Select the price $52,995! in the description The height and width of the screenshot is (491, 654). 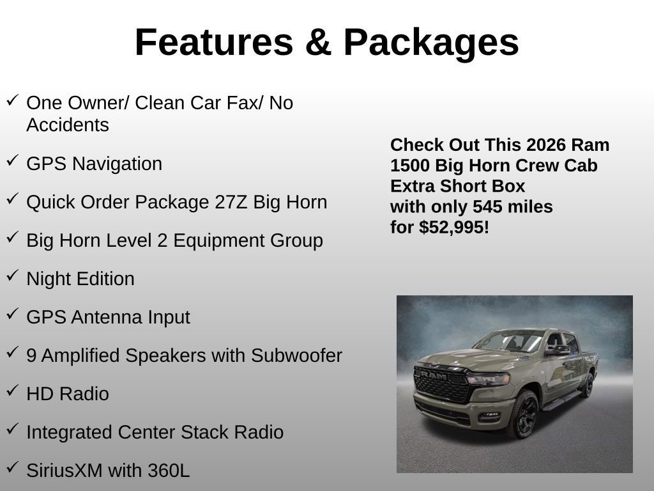(454, 227)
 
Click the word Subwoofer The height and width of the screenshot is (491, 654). (297, 355)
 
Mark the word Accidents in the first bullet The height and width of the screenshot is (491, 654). (68, 125)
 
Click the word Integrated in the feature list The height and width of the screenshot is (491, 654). (70, 432)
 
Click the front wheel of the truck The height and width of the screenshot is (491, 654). (522, 415)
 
